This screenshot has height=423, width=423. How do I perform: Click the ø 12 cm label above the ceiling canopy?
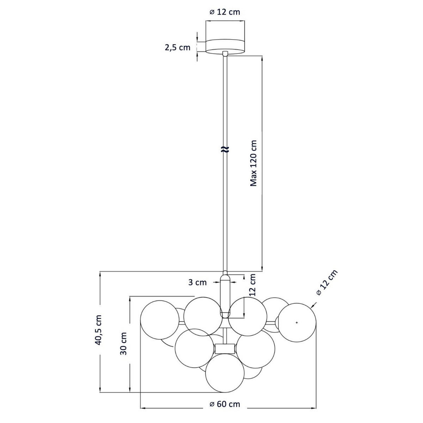point(225,12)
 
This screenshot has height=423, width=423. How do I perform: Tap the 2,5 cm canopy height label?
point(178,48)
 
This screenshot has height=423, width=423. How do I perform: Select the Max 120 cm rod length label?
point(253,163)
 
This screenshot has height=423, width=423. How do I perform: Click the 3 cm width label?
point(197,282)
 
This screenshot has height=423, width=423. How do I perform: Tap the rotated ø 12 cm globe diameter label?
point(326,283)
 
